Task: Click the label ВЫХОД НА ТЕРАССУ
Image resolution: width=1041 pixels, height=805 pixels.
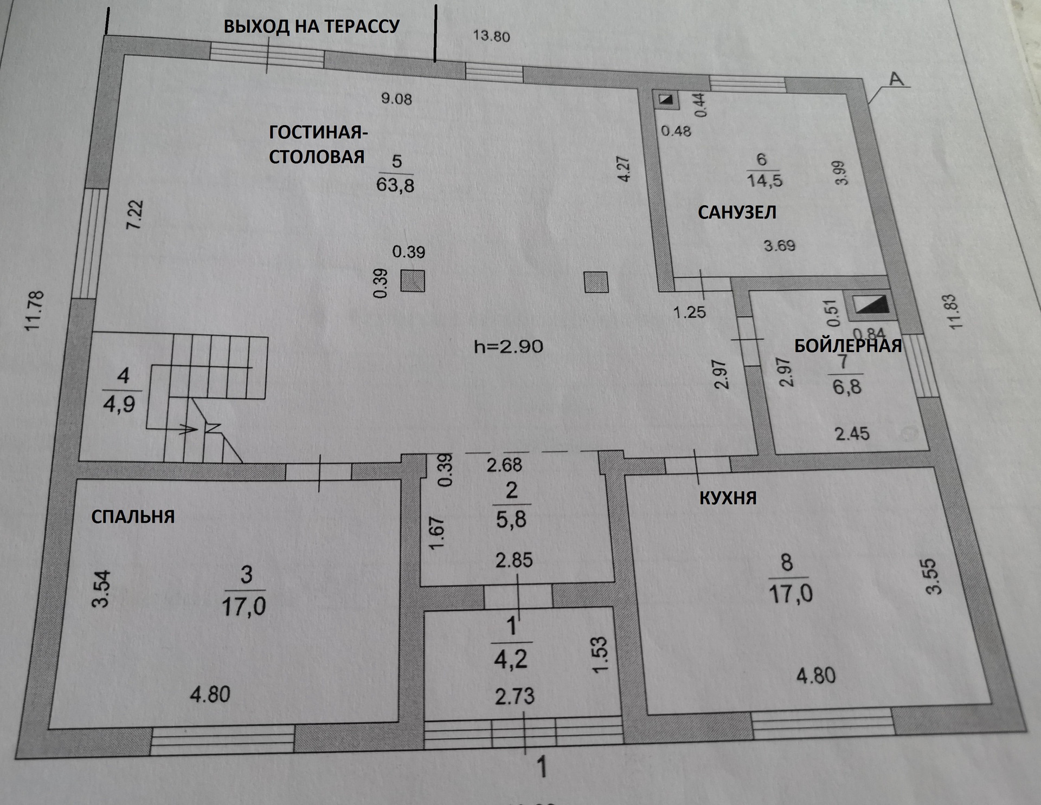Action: (x=312, y=26)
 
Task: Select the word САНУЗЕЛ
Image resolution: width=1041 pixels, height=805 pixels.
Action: (x=737, y=212)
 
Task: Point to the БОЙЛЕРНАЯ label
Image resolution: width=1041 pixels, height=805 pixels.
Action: (x=848, y=346)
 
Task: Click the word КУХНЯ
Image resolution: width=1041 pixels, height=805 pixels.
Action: (x=728, y=497)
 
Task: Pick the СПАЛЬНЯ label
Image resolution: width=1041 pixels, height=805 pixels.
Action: (x=133, y=517)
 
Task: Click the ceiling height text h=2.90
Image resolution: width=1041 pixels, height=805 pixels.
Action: (x=509, y=346)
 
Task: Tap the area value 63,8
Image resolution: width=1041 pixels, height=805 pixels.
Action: (x=395, y=185)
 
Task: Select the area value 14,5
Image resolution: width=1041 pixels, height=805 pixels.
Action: (x=764, y=180)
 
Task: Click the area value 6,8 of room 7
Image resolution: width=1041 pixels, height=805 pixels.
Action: (x=847, y=387)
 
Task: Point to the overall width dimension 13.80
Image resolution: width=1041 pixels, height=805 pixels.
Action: (x=491, y=36)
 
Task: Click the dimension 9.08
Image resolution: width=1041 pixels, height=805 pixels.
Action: (x=396, y=99)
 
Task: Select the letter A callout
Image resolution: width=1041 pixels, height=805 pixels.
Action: (x=897, y=79)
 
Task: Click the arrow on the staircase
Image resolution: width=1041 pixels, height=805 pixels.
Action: (x=187, y=429)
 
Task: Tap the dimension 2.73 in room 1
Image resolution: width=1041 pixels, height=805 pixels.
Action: (x=515, y=696)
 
